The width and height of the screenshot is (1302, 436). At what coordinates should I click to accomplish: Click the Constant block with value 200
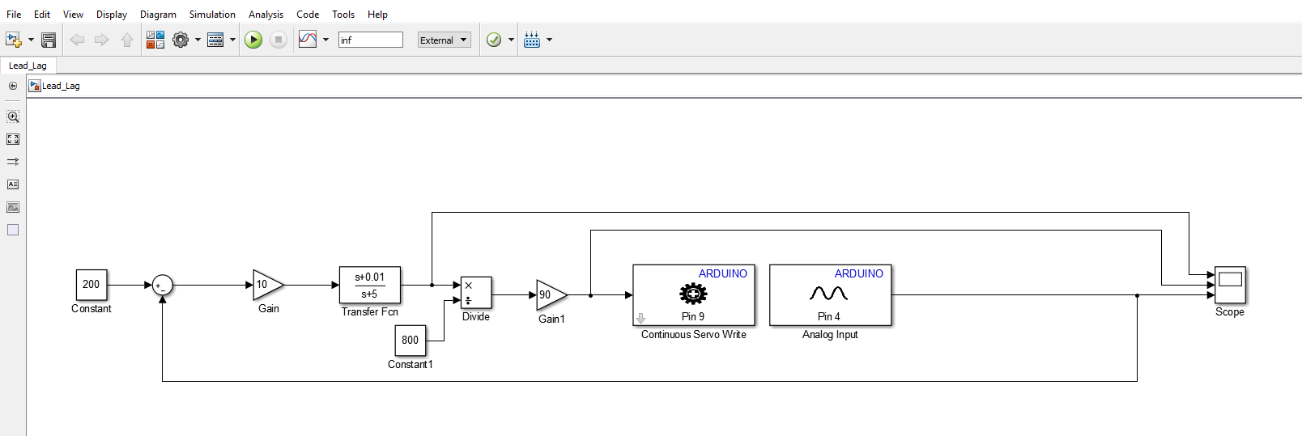click(x=91, y=285)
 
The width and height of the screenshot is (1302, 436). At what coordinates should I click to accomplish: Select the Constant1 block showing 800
click(x=410, y=341)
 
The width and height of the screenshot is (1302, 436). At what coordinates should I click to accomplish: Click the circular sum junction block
click(x=163, y=285)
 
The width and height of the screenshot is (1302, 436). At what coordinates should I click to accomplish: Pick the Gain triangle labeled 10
click(x=266, y=285)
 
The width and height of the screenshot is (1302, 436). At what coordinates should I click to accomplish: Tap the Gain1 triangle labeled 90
click(x=550, y=295)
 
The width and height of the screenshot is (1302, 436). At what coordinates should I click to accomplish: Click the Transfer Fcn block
click(x=370, y=286)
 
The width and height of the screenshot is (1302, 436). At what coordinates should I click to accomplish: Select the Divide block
click(x=476, y=293)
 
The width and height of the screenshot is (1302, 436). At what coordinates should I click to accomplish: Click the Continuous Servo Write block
click(x=693, y=295)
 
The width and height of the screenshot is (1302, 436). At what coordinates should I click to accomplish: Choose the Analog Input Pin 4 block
click(x=830, y=295)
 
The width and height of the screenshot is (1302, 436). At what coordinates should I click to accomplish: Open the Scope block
click(x=1230, y=285)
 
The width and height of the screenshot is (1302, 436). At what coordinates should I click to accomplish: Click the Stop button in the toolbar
click(x=279, y=40)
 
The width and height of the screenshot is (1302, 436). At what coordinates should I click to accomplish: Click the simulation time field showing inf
click(x=370, y=40)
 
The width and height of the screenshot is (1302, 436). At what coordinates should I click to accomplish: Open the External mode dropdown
click(x=444, y=40)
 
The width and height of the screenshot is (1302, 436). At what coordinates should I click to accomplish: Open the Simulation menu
click(x=212, y=14)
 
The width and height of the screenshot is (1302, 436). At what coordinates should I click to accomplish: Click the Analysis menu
click(x=266, y=14)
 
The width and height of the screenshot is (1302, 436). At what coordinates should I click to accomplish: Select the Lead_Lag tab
click(x=28, y=66)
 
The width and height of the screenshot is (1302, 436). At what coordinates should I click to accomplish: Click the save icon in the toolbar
click(x=49, y=40)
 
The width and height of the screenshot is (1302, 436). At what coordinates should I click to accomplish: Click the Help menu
click(x=377, y=14)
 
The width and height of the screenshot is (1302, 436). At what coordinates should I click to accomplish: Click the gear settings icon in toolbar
click(x=181, y=40)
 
